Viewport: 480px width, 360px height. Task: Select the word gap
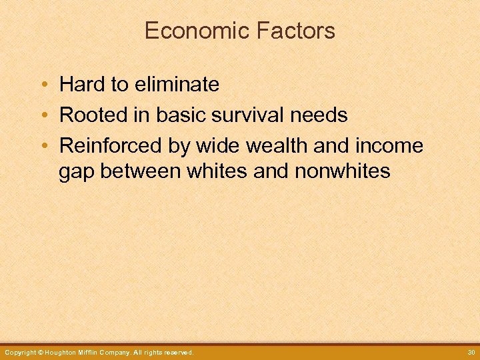[75, 172]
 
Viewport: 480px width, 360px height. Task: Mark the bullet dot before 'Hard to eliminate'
[43, 85]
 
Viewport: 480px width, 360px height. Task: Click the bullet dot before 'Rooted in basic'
[43, 116]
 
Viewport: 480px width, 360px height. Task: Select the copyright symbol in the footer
[40, 352]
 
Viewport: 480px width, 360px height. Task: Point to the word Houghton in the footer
[63, 352]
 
